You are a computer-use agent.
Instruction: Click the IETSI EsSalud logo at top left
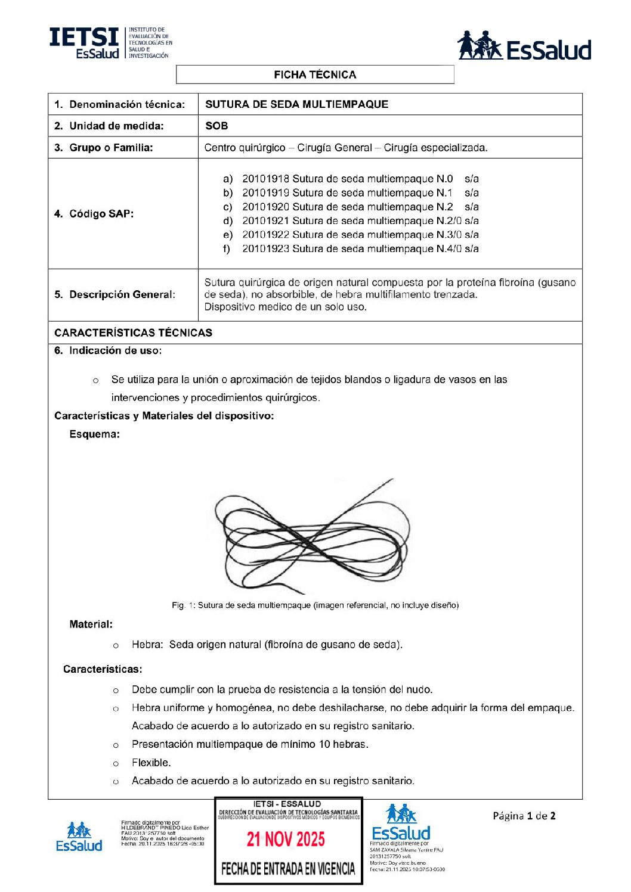pos(110,43)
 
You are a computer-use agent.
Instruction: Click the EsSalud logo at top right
pos(524,46)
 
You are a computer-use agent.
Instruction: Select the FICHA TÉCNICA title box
pos(315,74)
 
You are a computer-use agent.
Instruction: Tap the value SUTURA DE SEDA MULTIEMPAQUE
pos(296,104)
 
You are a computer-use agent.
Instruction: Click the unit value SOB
pos(216,126)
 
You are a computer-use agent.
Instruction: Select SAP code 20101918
pos(265,179)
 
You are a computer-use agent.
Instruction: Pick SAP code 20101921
pos(265,220)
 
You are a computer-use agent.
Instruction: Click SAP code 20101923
pos(265,248)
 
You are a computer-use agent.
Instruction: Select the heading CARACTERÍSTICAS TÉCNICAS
pos(133,332)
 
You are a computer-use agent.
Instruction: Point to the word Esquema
pos(94,434)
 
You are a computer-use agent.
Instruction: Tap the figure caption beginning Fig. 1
pos(315,605)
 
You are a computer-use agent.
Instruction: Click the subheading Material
pos(91,624)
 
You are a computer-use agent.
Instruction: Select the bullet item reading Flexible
pos(151,763)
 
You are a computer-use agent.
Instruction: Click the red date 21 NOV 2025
pos(286,840)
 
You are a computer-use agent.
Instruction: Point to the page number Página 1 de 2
pos(524,816)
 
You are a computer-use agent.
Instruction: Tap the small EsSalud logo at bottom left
pos(79,837)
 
